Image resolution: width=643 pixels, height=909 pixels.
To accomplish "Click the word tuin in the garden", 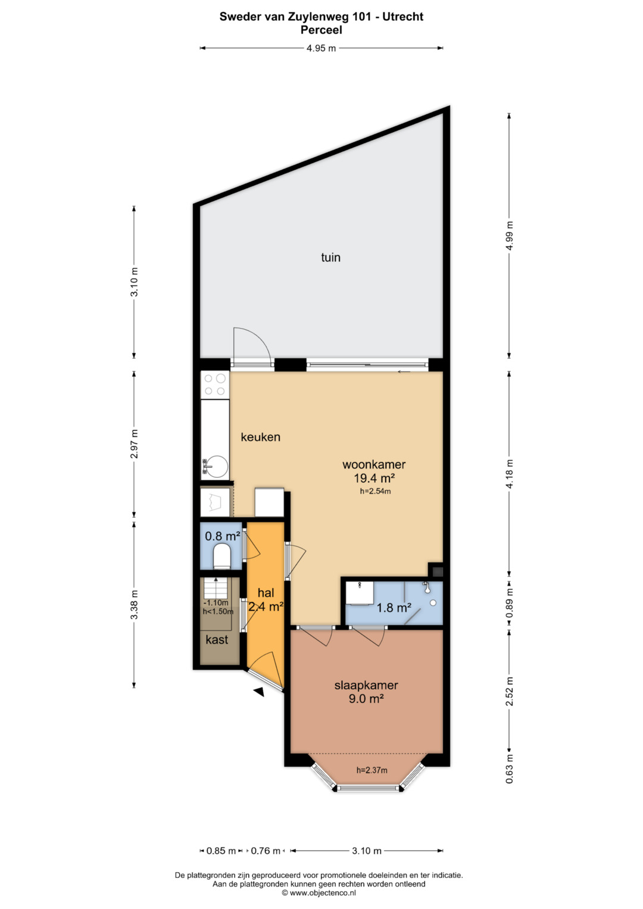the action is [330, 257].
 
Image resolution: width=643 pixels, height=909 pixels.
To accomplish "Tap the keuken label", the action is [260, 437].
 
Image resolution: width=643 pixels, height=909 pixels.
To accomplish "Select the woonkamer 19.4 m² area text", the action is [374, 471].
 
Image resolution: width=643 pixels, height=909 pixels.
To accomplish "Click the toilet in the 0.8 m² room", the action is [222, 556].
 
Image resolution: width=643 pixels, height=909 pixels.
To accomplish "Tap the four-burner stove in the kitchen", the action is [215, 385].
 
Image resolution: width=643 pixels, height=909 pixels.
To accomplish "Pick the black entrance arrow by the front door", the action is [258, 692].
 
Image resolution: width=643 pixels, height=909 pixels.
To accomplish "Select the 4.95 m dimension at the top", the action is [321, 48].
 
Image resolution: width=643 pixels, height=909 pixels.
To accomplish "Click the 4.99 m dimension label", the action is [510, 236].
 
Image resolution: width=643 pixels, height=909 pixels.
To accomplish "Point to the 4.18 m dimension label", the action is [510, 474].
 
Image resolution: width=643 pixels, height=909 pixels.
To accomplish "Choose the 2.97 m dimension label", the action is [135, 443].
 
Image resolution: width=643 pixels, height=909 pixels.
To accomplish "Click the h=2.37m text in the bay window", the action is [372, 770].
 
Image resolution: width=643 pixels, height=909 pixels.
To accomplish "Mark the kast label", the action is [217, 640].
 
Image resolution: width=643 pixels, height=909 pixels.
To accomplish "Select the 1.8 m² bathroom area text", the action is [394, 608].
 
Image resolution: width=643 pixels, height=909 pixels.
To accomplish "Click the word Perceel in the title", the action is [321, 30].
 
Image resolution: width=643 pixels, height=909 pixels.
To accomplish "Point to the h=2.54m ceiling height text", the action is [376, 492].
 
